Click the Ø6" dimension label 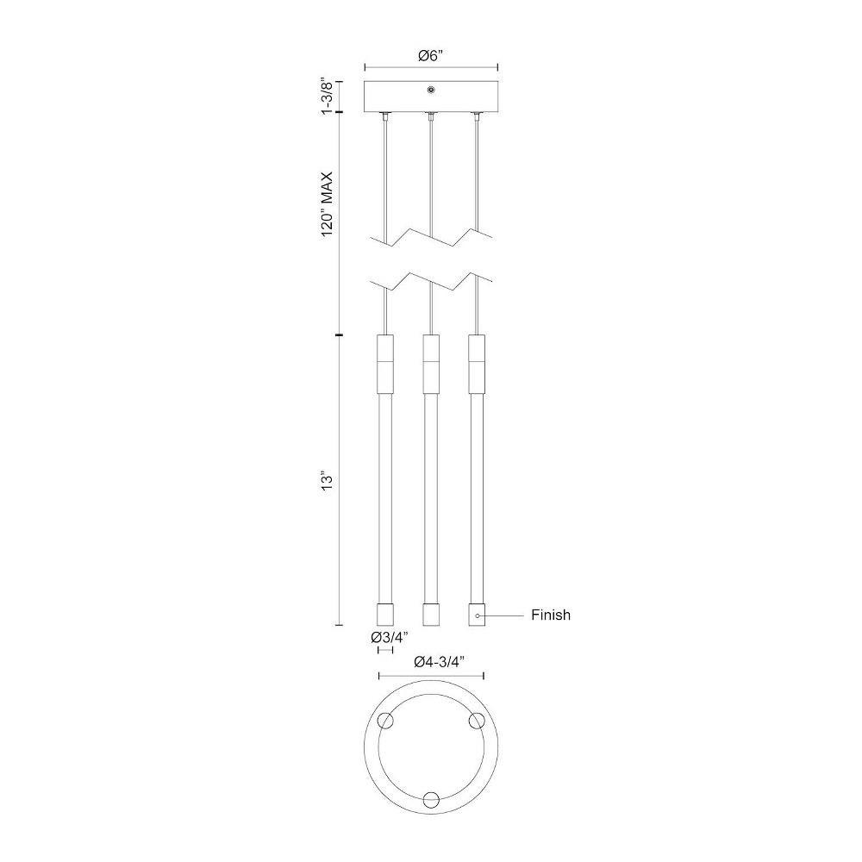pos(430,56)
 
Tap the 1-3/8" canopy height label pos(328,97)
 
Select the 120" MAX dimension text pos(328,204)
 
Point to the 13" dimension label pos(328,480)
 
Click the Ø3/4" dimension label pos(390,638)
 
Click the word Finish pos(551,615)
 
